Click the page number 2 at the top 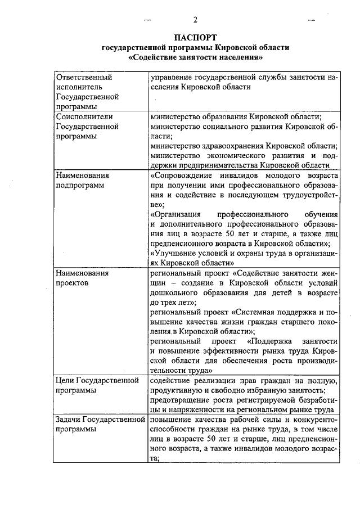coord(195,21)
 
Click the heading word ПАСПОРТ coord(195,37)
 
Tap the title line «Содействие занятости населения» coord(195,57)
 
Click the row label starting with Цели coord(66,380)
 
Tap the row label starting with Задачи coord(69,420)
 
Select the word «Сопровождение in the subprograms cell coord(183,175)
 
